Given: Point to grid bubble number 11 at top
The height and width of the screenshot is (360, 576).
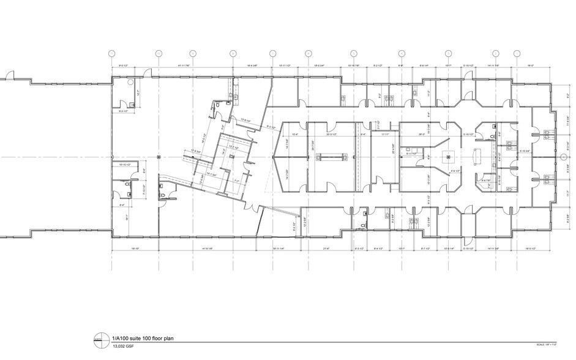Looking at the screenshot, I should [518, 53].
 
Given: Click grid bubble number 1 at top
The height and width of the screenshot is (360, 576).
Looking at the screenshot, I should [111, 53].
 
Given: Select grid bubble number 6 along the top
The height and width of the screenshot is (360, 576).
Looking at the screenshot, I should [309, 53].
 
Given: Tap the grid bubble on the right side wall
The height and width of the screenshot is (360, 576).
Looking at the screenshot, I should [563, 158].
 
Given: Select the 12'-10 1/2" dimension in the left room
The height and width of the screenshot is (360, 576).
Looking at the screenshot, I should [124, 165].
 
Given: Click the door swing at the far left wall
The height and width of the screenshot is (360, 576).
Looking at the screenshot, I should [10, 76].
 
